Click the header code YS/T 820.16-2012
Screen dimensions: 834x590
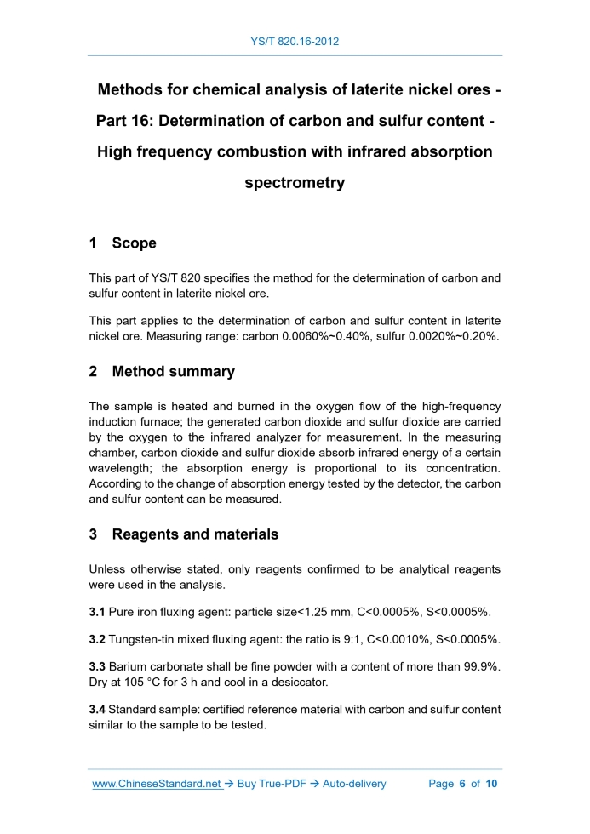(295, 41)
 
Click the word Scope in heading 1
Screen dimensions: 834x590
(134, 243)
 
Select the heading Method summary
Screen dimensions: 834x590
(173, 372)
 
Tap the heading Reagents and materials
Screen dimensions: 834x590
(195, 534)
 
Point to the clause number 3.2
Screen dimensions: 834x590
(97, 639)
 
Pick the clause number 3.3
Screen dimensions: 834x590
(97, 666)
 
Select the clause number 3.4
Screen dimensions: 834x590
(97, 709)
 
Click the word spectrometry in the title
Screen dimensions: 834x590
(295, 183)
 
